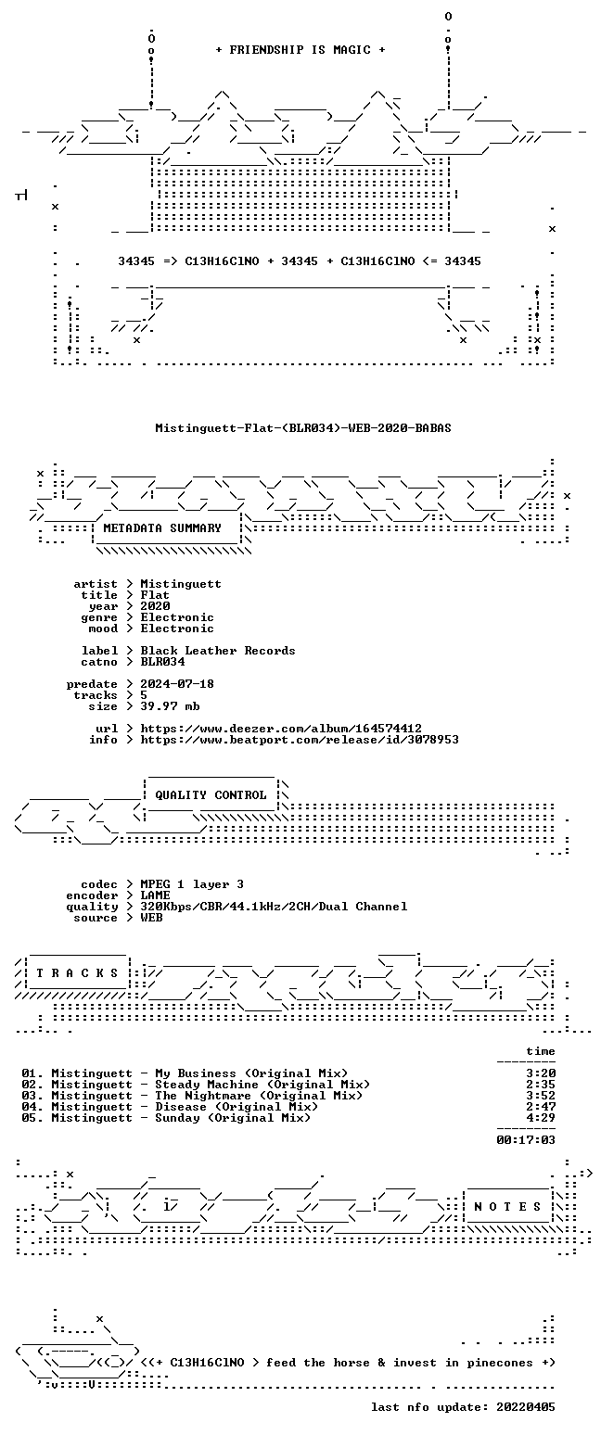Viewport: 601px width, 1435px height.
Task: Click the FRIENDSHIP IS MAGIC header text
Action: [300, 50]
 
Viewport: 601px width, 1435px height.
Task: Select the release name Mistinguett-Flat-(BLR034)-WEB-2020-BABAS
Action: [303, 428]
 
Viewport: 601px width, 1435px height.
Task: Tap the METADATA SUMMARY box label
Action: [162, 527]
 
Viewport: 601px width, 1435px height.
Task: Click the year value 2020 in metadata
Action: [155, 606]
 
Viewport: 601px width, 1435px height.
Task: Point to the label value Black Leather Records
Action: [218, 650]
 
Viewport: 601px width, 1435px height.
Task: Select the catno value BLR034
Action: [162, 662]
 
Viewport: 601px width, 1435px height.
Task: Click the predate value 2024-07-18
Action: [177, 683]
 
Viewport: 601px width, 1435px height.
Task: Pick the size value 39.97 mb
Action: [170, 706]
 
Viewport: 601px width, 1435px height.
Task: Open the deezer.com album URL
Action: [281, 729]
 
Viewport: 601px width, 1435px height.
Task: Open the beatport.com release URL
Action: [300, 740]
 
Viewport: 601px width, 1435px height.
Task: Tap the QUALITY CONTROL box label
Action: [211, 795]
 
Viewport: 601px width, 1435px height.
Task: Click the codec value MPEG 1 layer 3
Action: [192, 884]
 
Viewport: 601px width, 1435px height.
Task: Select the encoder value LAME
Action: [155, 895]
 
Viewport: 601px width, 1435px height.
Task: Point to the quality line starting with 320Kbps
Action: [274, 907]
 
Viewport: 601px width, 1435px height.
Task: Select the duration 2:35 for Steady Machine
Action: [541, 1084]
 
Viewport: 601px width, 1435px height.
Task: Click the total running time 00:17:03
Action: [526, 1139]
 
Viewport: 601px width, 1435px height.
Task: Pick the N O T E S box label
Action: [507, 1206]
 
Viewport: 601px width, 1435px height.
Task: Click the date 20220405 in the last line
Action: [526, 1407]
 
